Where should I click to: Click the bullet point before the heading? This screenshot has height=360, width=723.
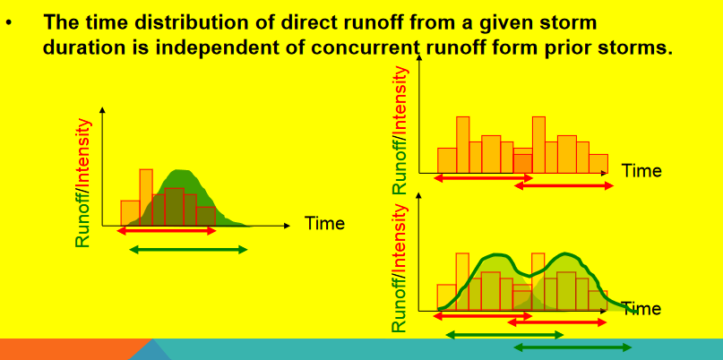(8, 21)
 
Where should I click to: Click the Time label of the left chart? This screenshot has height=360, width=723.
(324, 224)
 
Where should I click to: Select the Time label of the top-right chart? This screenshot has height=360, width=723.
(641, 171)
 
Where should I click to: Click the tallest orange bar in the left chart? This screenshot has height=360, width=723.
(146, 197)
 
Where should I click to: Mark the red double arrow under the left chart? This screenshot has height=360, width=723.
(167, 230)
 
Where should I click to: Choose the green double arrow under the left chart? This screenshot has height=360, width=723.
(188, 250)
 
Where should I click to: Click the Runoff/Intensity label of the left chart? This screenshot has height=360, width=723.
(83, 183)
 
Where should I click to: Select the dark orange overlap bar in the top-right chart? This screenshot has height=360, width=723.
(523, 164)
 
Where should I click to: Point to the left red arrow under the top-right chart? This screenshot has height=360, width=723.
(484, 178)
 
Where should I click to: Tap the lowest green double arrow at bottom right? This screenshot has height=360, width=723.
(572, 347)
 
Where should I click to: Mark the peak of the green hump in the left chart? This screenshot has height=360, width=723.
(181, 170)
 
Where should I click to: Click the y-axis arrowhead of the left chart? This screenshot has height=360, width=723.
(102, 110)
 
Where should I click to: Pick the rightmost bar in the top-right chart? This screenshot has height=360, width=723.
(598, 164)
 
